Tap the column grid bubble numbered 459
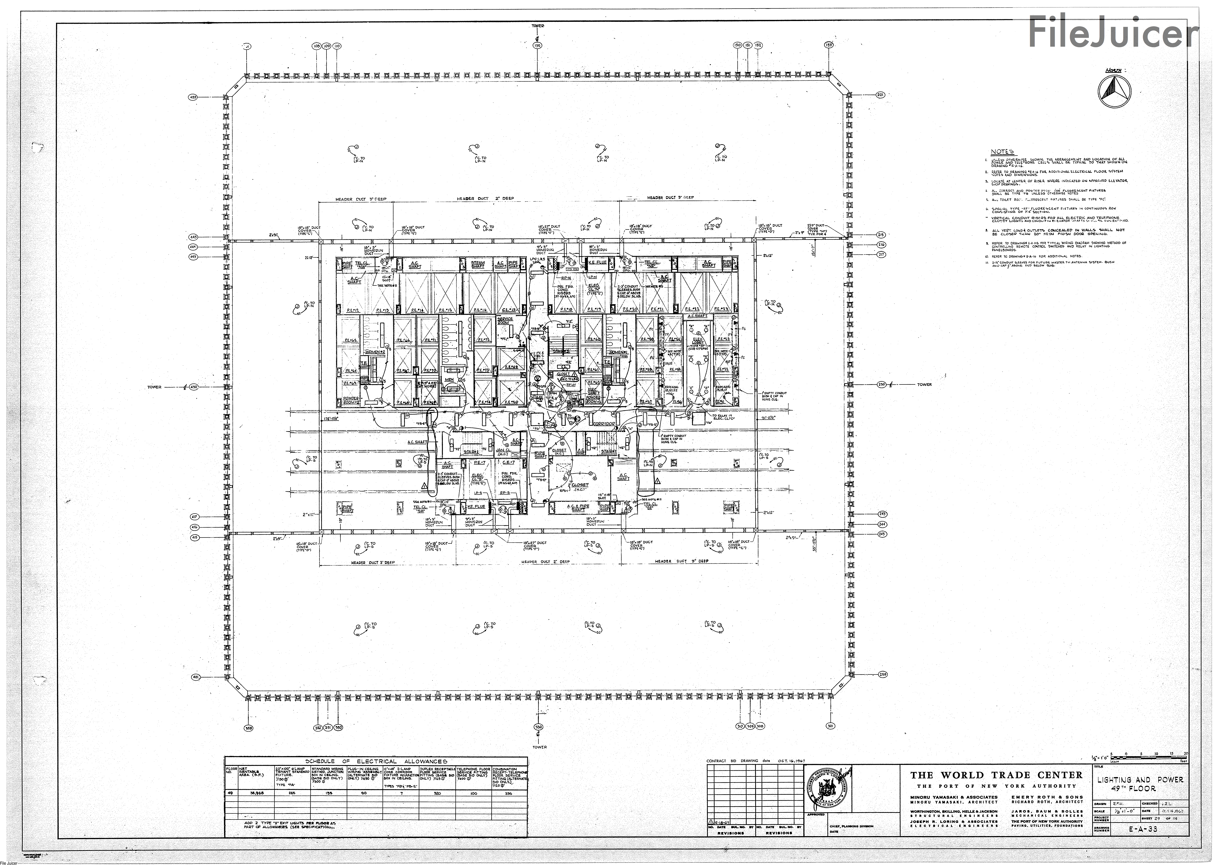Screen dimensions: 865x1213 point(193,98)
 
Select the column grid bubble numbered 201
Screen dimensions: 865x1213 point(880,95)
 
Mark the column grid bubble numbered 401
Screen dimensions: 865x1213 point(195,677)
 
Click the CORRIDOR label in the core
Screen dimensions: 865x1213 point(604,424)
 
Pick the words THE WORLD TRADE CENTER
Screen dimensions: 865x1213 point(996,775)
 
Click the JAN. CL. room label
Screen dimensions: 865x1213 point(503,451)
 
